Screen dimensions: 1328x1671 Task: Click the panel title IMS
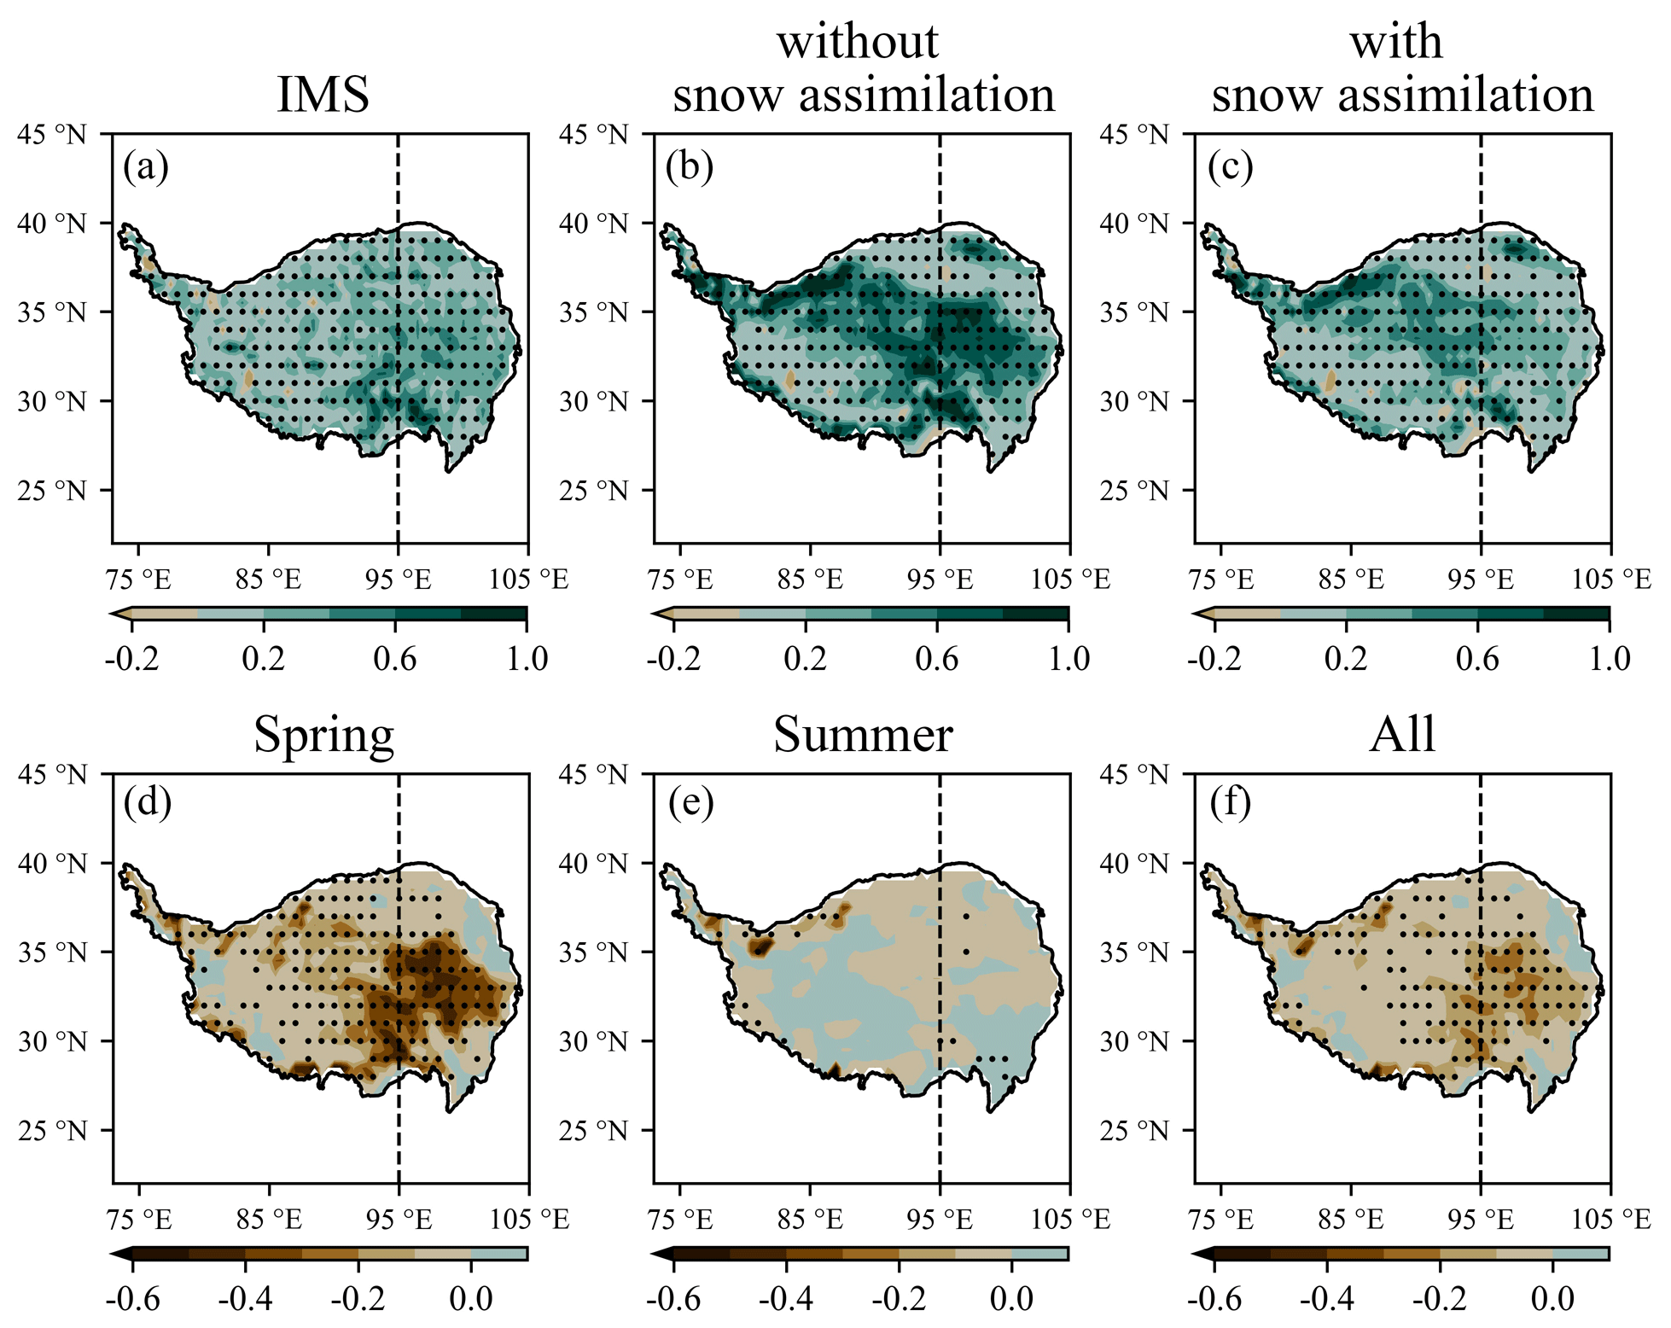323,94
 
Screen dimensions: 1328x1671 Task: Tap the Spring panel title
323,735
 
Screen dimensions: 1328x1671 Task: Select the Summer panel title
863,735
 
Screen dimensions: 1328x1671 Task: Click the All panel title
1402,735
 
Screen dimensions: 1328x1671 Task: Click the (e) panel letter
690,804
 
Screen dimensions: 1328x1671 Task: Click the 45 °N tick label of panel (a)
52,134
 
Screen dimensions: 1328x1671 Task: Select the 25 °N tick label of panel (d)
52,1131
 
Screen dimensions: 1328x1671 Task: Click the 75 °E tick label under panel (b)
680,580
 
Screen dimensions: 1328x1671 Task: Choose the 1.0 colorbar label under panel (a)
527,660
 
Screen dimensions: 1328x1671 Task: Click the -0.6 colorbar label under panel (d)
132,1299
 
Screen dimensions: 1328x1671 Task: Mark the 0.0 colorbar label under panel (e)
1012,1299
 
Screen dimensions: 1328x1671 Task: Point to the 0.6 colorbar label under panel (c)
1477,660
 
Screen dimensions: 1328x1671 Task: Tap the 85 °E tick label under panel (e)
810,1220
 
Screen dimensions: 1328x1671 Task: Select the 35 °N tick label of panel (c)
1134,312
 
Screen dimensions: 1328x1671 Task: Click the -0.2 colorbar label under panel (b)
673,660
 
